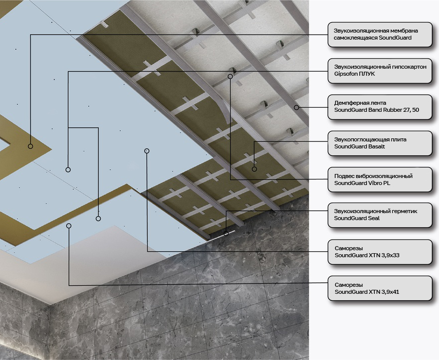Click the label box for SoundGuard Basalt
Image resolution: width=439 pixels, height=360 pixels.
[380, 143]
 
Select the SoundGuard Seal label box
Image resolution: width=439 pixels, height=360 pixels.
[380, 215]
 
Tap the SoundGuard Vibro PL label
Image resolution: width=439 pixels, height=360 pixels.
[380, 179]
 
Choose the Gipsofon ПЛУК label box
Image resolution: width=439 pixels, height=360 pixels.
[380, 71]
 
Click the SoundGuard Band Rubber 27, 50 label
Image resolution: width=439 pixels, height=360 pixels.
[380, 107]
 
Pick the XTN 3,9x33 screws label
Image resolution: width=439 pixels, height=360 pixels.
[380, 252]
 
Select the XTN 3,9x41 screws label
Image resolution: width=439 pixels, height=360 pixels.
[380, 288]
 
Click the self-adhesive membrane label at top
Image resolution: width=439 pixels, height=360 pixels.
[380, 35]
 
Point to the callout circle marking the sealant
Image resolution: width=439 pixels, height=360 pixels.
[226, 233]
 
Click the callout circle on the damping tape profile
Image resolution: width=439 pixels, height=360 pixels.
[297, 107]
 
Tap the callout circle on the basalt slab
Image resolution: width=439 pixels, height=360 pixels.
[254, 169]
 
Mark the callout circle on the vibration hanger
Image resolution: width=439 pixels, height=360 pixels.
[230, 76]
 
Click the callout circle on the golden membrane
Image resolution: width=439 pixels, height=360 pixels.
[31, 146]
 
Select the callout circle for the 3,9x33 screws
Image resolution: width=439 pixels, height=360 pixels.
[147, 151]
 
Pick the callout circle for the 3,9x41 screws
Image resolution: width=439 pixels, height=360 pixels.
[69, 226]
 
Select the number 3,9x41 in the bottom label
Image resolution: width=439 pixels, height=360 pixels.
[390, 292]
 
